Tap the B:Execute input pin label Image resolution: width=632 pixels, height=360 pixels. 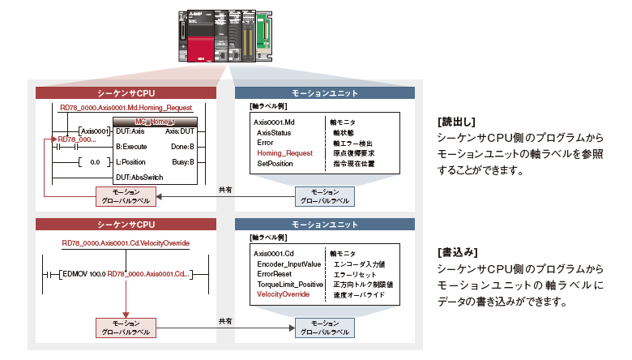tap(132, 147)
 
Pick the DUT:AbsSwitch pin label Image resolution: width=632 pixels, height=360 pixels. tap(139, 177)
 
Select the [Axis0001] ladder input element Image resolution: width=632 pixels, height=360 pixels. tap(94, 131)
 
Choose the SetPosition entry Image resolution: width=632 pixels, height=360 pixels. tap(276, 164)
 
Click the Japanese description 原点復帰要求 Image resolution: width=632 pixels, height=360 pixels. tap(354, 152)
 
